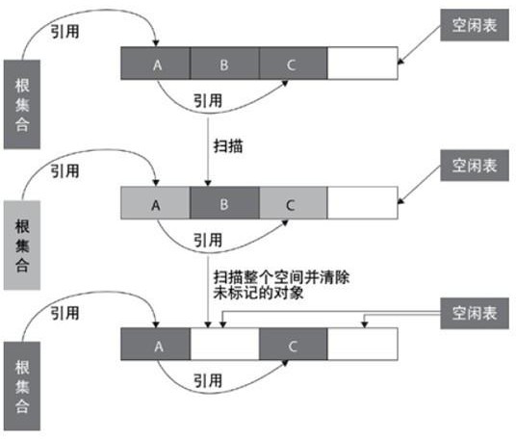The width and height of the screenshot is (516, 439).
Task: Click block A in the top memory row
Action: point(155,64)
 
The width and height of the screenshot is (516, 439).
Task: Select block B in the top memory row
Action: point(224,64)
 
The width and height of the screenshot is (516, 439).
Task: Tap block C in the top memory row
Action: point(294,64)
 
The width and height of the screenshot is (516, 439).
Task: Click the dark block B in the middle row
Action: point(224,203)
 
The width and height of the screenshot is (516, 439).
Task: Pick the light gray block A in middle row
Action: point(155,203)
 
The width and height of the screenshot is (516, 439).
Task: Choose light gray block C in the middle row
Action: point(294,203)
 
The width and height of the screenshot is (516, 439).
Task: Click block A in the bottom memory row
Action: point(155,344)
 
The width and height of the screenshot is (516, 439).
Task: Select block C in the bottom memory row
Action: point(294,344)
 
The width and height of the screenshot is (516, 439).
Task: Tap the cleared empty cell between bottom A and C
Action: point(224,344)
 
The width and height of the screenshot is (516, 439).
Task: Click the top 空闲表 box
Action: point(475,25)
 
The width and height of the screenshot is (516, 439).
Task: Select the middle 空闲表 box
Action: point(475,166)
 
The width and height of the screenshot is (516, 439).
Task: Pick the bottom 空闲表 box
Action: point(475,313)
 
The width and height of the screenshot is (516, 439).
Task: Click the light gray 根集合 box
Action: point(22,245)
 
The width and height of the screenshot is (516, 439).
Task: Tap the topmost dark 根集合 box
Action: point(22,104)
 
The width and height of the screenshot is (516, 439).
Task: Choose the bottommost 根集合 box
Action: point(22,386)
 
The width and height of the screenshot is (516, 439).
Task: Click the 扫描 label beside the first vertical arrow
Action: point(228,145)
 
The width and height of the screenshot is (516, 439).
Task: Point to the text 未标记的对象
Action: point(258,293)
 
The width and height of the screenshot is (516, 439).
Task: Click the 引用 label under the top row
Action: point(208,100)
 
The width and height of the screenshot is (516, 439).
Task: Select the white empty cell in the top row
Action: point(363,64)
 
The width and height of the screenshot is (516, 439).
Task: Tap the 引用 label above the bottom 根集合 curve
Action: point(64,313)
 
